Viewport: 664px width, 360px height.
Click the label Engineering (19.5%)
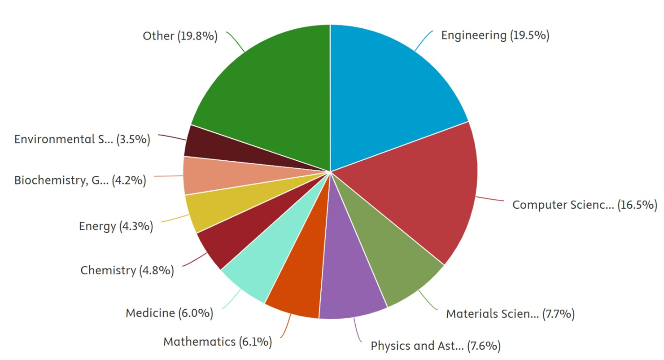coord(495,35)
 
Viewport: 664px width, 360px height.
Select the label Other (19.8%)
coord(180,36)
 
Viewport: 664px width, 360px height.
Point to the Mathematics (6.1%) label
coord(218,342)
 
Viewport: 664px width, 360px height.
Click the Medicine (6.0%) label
coord(169,313)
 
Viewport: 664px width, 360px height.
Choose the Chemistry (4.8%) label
coord(127,270)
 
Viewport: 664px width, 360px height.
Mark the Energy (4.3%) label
coord(116,226)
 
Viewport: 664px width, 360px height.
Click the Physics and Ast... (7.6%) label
coord(435,346)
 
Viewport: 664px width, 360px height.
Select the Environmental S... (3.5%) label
coord(82,139)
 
